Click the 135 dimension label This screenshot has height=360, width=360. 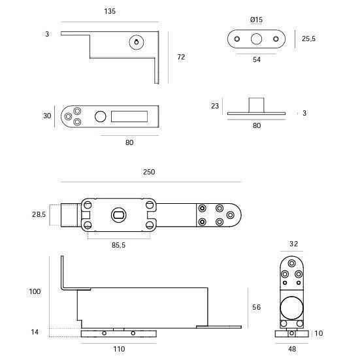point(110,11)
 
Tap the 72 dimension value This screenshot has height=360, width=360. point(181,57)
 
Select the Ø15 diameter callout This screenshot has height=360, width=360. point(256,20)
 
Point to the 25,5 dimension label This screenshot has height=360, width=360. point(308,39)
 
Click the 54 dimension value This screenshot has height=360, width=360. point(257,59)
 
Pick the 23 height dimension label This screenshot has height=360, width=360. point(215,106)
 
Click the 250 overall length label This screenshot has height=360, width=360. point(149,172)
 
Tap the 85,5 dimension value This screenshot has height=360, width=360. point(118,245)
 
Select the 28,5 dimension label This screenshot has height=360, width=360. point(39,214)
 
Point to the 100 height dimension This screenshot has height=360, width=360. point(35,291)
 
